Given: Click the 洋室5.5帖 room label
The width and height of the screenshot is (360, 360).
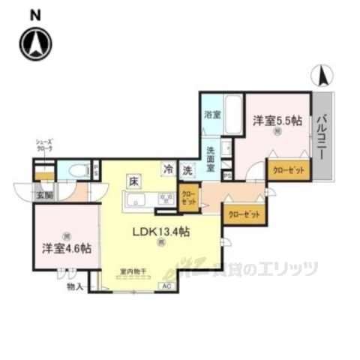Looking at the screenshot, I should pos(277,119).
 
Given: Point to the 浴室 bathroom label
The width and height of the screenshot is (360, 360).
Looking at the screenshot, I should pos(211,115).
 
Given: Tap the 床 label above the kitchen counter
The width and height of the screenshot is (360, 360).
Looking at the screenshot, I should pos(133,181).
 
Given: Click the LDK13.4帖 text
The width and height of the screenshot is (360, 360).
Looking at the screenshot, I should pos(161,232).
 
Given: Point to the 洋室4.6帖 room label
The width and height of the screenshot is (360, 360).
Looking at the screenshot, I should pos(66,248).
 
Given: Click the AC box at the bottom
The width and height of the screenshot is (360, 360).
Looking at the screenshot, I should pos(167,286).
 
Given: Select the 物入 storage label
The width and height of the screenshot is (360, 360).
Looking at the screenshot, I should pos(75,286).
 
